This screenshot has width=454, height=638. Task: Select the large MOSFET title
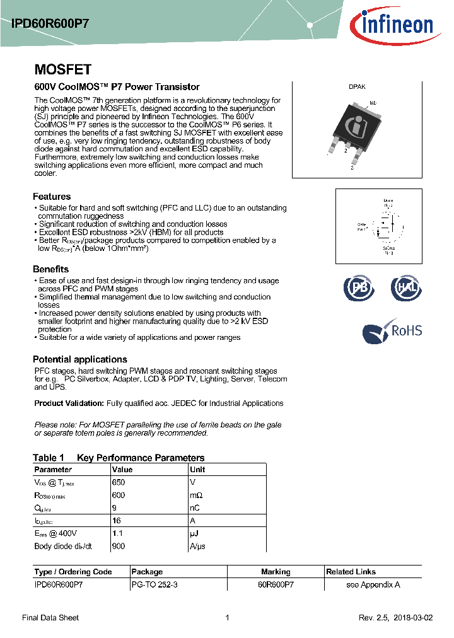click(62, 69)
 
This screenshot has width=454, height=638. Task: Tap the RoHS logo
click(392, 331)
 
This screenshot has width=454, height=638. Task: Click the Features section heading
click(52, 197)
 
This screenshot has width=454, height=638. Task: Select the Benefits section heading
click(50, 269)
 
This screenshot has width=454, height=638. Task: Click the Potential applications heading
click(78, 359)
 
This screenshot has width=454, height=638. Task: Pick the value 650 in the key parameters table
click(119, 482)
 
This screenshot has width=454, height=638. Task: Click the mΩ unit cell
click(197, 496)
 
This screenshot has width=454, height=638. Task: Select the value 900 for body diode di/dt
click(119, 546)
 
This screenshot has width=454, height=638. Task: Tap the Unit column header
click(197, 470)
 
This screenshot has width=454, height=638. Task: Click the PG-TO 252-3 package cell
click(154, 584)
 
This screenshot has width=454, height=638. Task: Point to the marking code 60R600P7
click(276, 584)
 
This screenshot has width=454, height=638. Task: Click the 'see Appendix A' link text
click(373, 584)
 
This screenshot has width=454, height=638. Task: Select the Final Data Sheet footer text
click(50, 618)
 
